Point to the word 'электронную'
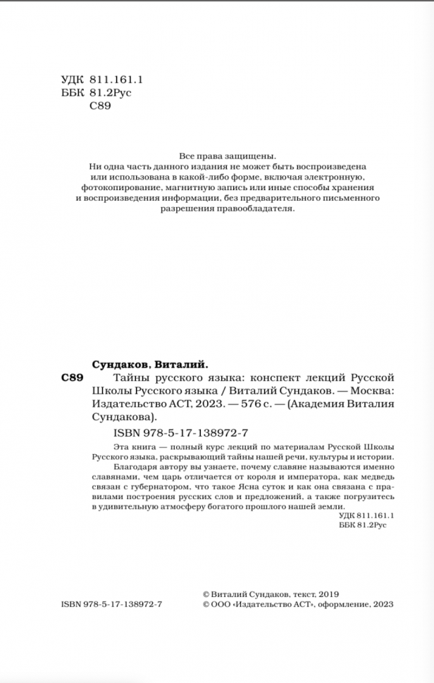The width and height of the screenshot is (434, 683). pyautogui.click(x=336, y=177)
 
